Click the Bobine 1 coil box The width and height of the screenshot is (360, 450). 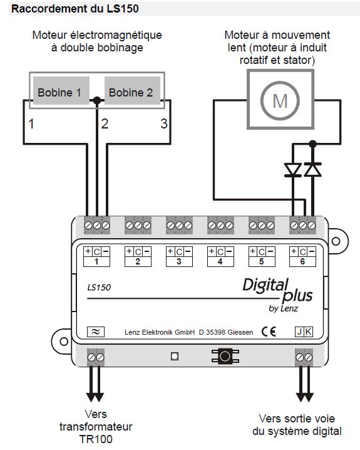pos(61,90)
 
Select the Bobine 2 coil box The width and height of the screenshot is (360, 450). pos(132,90)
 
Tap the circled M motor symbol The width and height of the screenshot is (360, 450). pos(280,100)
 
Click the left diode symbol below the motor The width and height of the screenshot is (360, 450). pos(292,169)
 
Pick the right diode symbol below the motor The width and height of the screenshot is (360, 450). pos(312,169)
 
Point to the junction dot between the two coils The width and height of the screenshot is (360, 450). pos(97,100)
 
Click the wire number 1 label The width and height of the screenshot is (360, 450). pos(31,124)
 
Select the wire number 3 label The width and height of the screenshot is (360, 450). pos(164,123)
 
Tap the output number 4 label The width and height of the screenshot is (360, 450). pos(220,262)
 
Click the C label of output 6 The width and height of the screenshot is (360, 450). pos(302,252)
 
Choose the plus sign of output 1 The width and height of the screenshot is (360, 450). pos(88,251)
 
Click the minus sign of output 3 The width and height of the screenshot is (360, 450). pos(188,252)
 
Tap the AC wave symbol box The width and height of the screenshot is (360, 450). pos(96,332)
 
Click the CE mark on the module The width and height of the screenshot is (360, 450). pos(269,332)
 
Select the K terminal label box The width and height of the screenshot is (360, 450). pos(309,332)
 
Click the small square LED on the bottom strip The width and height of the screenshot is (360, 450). pos(175,357)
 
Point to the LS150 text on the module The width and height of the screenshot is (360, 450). pos(99,287)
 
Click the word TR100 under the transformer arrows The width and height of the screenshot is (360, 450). pos(96,439)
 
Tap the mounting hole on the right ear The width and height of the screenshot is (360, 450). pos(336,241)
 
